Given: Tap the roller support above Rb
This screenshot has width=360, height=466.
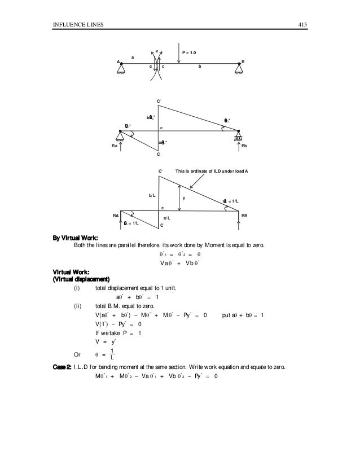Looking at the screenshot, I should pyautogui.click(x=239, y=136).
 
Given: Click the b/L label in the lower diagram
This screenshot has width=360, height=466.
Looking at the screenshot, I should pyautogui.click(x=152, y=196).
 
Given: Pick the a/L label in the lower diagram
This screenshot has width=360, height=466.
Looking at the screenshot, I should pyautogui.click(x=166, y=217).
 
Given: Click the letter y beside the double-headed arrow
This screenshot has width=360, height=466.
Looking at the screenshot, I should pyautogui.click(x=183, y=198).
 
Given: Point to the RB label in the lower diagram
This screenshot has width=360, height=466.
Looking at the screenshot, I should pyautogui.click(x=244, y=216).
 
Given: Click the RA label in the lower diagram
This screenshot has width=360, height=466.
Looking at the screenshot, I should pyautogui.click(x=116, y=216).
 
